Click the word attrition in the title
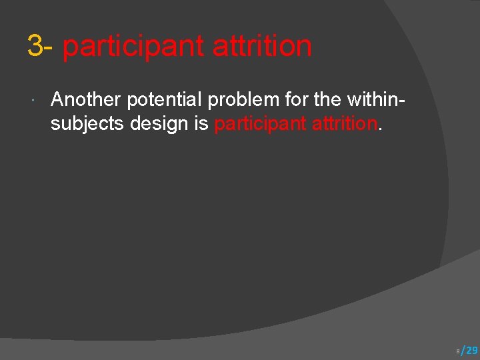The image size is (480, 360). pyautogui.click(x=262, y=47)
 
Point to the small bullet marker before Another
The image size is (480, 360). pyautogui.click(x=33, y=101)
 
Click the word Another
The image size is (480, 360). pyautogui.click(x=86, y=100)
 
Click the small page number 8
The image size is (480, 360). pyautogui.click(x=457, y=351)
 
